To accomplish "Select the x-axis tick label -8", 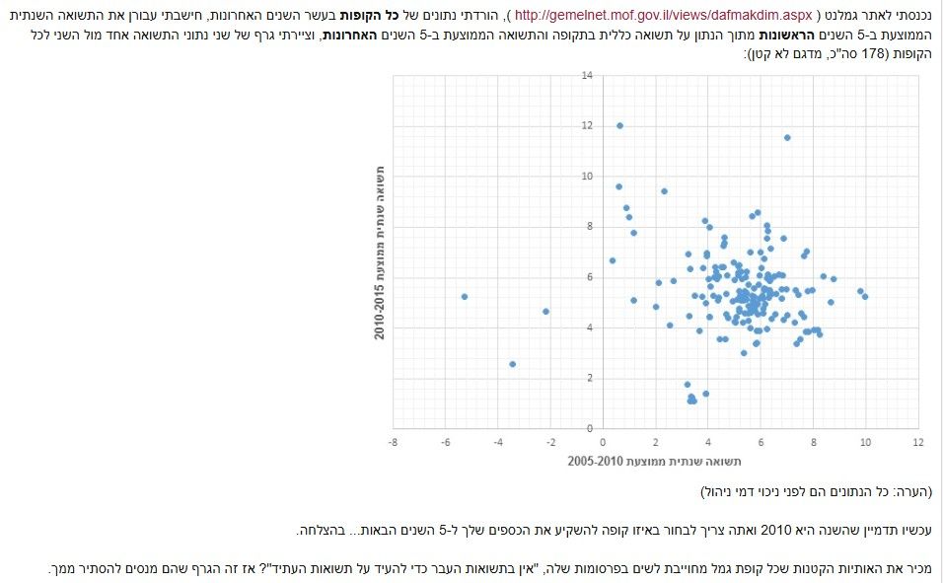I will (x=393, y=443).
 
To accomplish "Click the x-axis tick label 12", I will (x=918, y=443).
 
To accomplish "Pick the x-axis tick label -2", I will (x=550, y=443).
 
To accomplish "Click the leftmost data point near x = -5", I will (x=465, y=296).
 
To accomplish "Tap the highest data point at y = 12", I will (x=619, y=125).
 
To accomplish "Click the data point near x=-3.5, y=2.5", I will (x=513, y=364).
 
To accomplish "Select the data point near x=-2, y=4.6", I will (x=546, y=312).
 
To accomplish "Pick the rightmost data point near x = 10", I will (x=865, y=296).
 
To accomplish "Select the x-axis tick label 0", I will (x=603, y=443).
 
